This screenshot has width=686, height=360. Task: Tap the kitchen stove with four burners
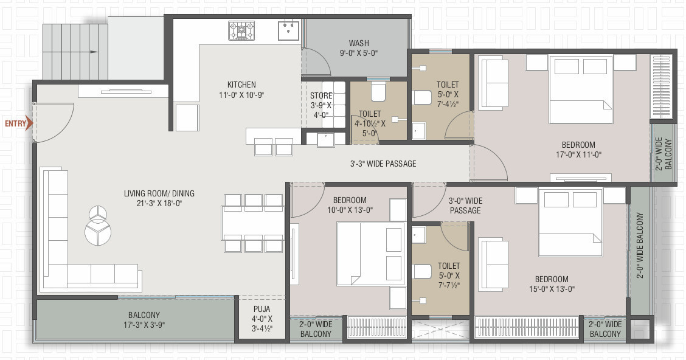[241, 30]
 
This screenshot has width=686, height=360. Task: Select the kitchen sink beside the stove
[288, 30]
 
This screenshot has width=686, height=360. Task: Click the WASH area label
[359, 43]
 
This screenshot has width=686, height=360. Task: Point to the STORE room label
[321, 95]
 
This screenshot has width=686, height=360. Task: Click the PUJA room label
[262, 309]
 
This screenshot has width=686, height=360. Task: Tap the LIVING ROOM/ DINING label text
[159, 194]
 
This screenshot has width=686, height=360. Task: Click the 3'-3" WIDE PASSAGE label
[383, 164]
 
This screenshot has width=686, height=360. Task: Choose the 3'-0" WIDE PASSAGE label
[465, 206]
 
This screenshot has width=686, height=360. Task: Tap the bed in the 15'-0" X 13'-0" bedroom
[570, 221]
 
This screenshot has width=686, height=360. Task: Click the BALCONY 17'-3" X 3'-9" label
[144, 319]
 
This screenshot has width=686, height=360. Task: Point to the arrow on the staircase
[92, 52]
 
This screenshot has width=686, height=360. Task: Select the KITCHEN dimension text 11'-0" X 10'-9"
[241, 95]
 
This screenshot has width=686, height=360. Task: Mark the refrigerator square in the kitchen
[187, 117]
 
